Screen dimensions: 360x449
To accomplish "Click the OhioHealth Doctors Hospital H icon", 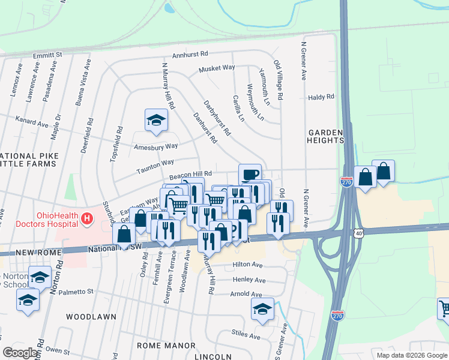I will pos(87,217).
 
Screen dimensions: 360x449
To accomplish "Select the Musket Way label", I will pos(217,68).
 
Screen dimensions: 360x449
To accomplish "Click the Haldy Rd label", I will pos(321,97).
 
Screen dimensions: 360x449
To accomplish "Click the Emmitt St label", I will pos(48,55).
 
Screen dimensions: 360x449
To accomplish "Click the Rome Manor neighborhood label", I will pos(166,346).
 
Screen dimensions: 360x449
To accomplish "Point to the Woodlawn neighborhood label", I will pos(86,316).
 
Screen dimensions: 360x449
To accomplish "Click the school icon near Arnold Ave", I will pos(262,309).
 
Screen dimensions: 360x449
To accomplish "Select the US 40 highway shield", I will pos(358,232).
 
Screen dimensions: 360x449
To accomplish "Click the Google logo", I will pos(19,353).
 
